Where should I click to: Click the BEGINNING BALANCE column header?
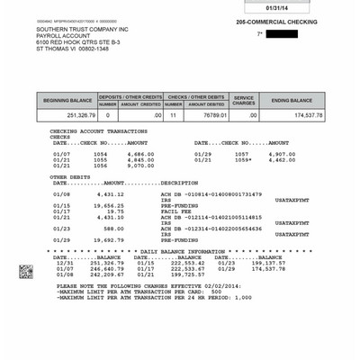click(67, 99)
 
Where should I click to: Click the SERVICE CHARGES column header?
click(245, 99)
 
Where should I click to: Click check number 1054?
click(100, 154)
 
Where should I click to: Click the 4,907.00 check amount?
click(281, 154)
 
